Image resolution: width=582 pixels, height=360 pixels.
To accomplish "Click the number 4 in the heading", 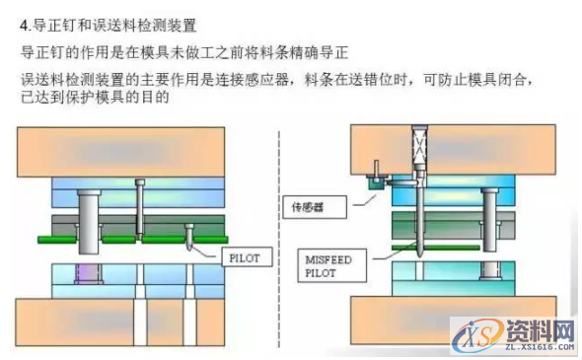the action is click(24, 23).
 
